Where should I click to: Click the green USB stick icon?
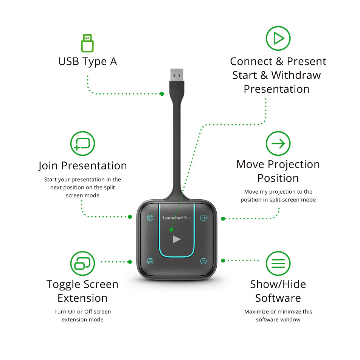pos(87,43)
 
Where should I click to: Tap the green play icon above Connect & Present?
pos(278,38)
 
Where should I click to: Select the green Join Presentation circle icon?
pos(83,143)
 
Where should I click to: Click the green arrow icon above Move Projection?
pos(278,143)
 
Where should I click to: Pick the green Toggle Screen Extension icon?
pos(83,263)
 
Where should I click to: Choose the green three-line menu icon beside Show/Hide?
pos(278,263)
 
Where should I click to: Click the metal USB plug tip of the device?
pos(177,75)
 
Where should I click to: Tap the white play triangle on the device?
pos(177,239)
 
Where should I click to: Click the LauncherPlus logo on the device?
pos(177,218)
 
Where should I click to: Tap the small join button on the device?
pos(150,218)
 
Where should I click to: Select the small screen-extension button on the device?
pos(150,261)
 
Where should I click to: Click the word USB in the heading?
pos(69,62)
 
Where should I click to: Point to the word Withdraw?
pos(296,75)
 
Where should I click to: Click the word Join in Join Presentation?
pos(48,166)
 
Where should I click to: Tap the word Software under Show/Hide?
pos(278,298)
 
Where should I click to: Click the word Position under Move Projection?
pos(278,178)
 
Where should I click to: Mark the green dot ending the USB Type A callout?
pos(162,94)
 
